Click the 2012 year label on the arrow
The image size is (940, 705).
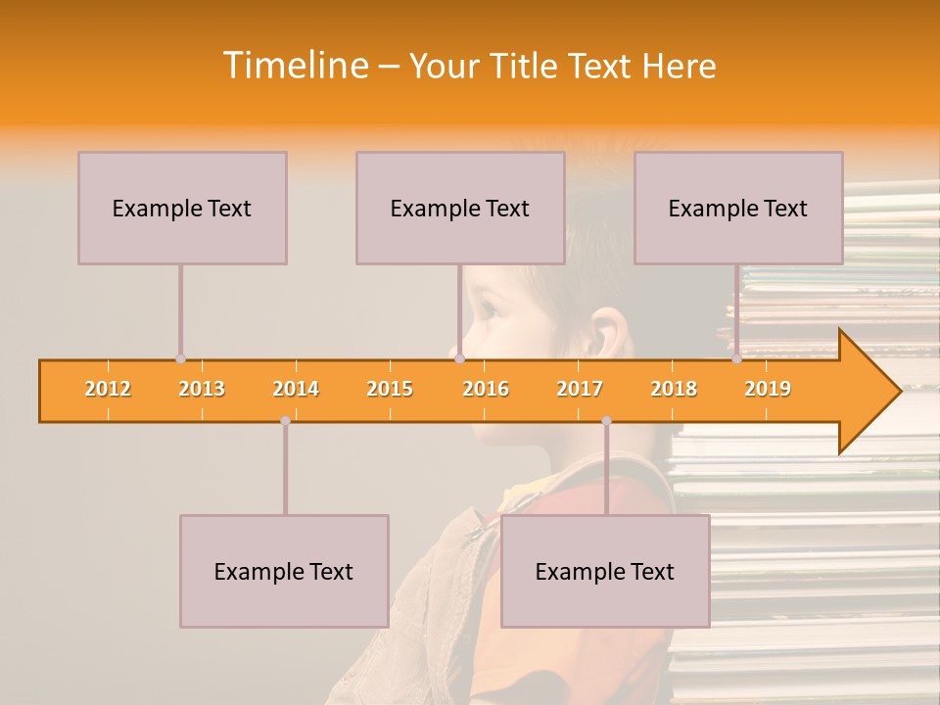coord(108,389)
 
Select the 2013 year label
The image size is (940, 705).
coord(202,389)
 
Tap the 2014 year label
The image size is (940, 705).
coord(296,389)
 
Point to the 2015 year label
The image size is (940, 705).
coord(390,389)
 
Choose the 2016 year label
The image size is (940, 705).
coord(486,389)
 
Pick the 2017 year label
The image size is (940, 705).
coord(580,389)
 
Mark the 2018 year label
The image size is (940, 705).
coord(674,389)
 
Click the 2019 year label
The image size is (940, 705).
coord(768,389)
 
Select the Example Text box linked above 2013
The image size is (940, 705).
coord(182,208)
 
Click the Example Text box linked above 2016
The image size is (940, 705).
coord(460,208)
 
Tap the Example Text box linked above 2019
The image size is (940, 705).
coord(738,208)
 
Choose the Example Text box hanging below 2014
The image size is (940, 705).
coord(284,571)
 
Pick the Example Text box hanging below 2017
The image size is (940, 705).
coord(605,571)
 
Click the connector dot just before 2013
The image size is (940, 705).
coord(180,359)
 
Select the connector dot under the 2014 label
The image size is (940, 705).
coord(285,421)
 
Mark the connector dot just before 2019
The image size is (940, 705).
coord(736,359)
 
